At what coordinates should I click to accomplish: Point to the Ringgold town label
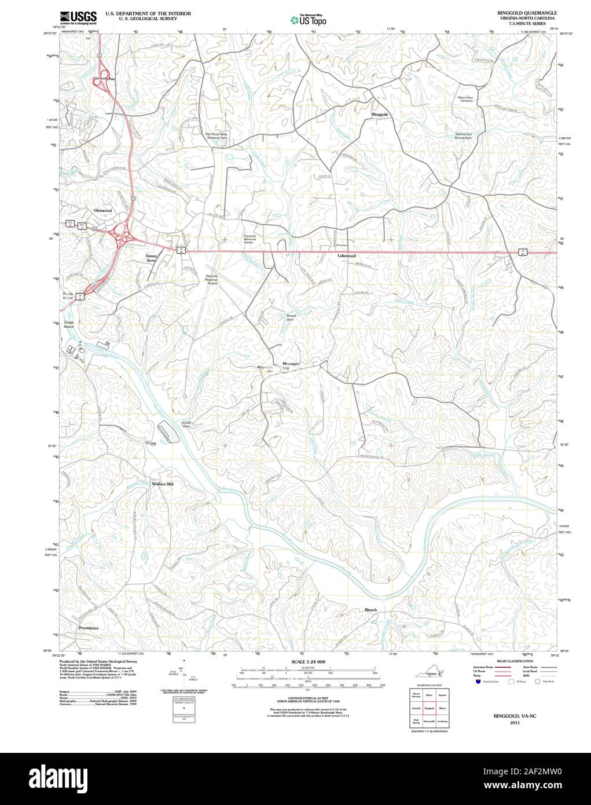[380, 115]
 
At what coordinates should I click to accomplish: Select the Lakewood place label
[347, 255]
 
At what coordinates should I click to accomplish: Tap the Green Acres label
[151, 258]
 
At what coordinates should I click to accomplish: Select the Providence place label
[89, 628]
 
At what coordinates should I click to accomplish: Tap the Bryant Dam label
[291, 317]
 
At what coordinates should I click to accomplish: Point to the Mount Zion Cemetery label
[465, 100]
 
